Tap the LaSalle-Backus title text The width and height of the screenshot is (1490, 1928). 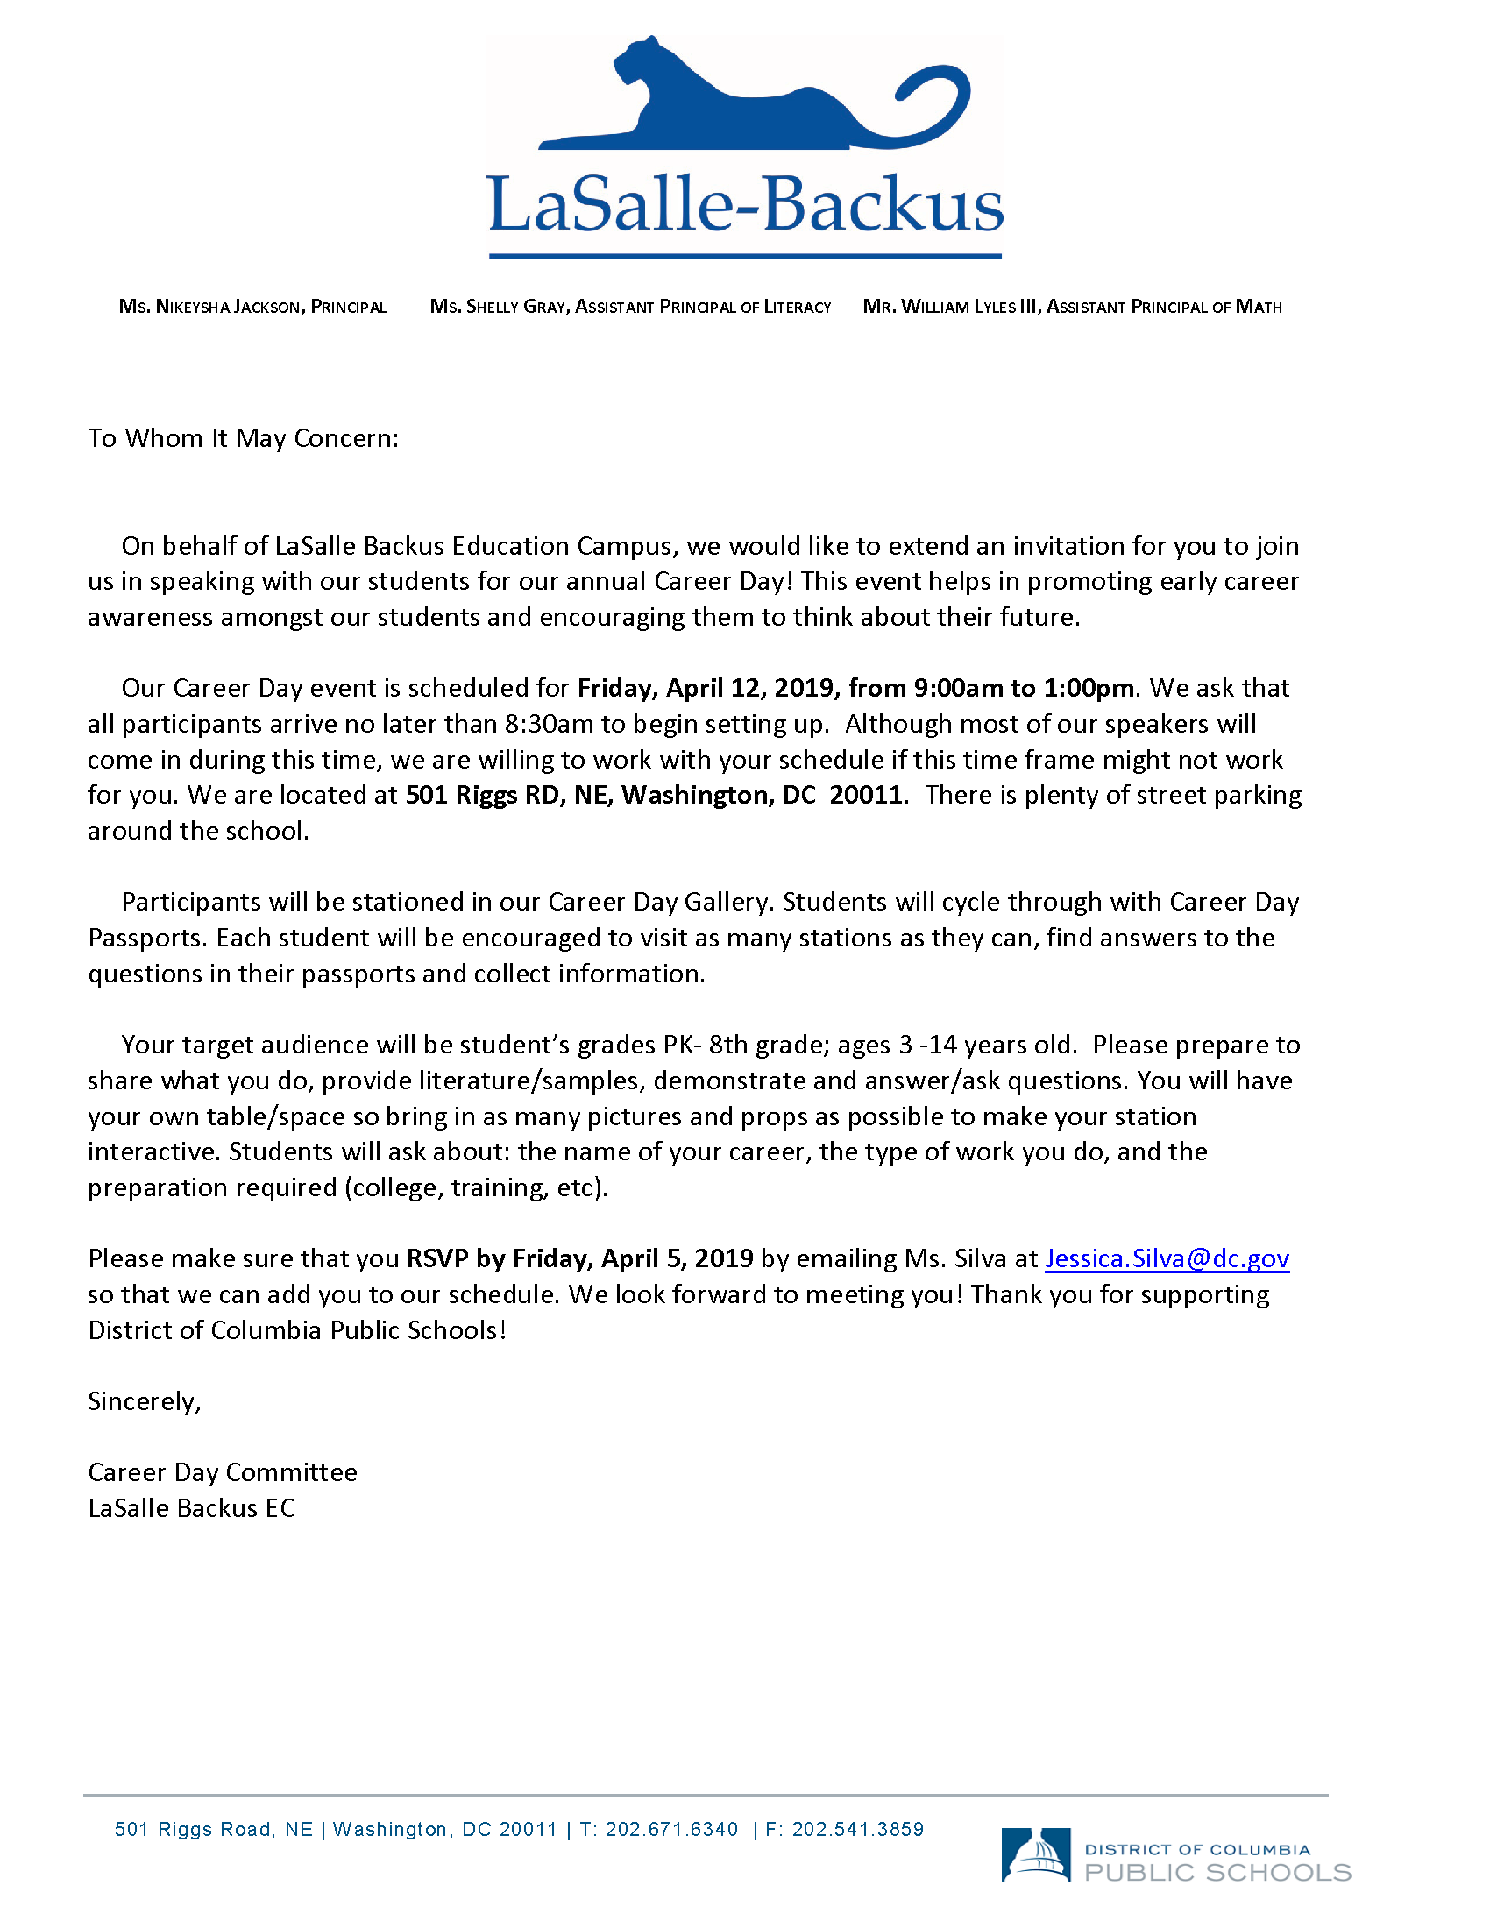coord(745,205)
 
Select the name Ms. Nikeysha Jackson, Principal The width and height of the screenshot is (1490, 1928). coord(252,308)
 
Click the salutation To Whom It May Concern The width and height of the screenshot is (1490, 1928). coord(243,438)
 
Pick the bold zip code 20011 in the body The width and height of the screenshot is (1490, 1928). coord(866,796)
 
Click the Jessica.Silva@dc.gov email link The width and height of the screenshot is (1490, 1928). coord(1167,1258)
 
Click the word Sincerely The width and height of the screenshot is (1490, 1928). coord(145,1401)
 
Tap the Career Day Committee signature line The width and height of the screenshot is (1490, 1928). coord(223,1471)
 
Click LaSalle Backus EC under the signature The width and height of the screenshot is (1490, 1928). coord(192,1508)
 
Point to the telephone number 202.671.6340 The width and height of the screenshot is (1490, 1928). coord(670,1829)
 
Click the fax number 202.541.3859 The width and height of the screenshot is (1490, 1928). coord(857,1829)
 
